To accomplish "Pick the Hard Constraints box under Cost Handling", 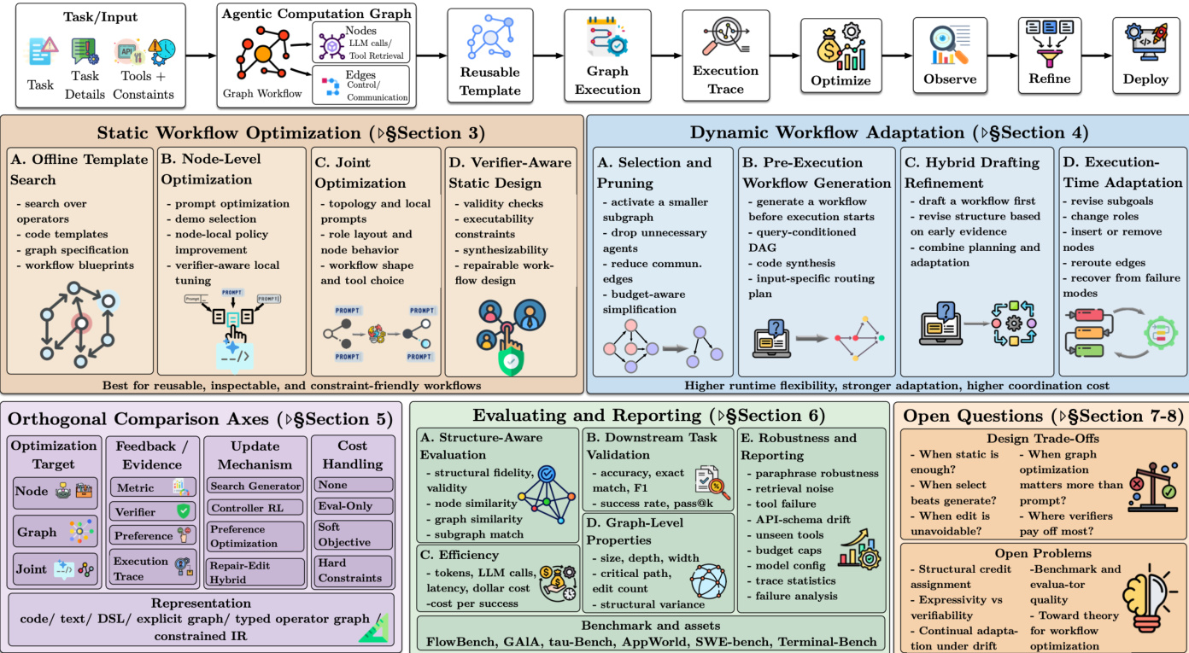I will pyautogui.click(x=350, y=570).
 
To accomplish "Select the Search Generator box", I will pyautogui.click(x=255, y=486).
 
